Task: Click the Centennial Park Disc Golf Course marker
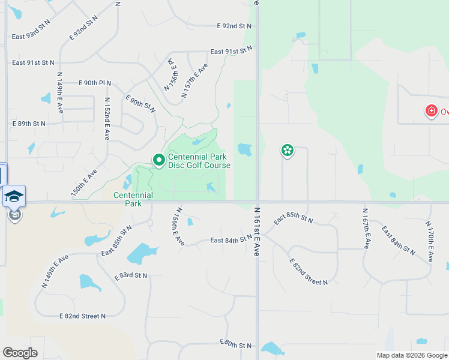tap(159, 160)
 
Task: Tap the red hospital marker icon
tap(430, 111)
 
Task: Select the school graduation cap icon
tap(14, 196)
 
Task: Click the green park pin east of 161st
tap(288, 150)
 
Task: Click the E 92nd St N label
tap(234, 26)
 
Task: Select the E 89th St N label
tap(29, 124)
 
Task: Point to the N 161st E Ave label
tap(256, 232)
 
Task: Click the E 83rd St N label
tap(131, 275)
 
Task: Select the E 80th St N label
tap(236, 344)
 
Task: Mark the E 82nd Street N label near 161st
tap(309, 272)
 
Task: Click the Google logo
tap(20, 353)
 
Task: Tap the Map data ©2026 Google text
tap(412, 355)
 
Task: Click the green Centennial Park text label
tap(133, 199)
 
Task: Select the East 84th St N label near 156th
tap(231, 240)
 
